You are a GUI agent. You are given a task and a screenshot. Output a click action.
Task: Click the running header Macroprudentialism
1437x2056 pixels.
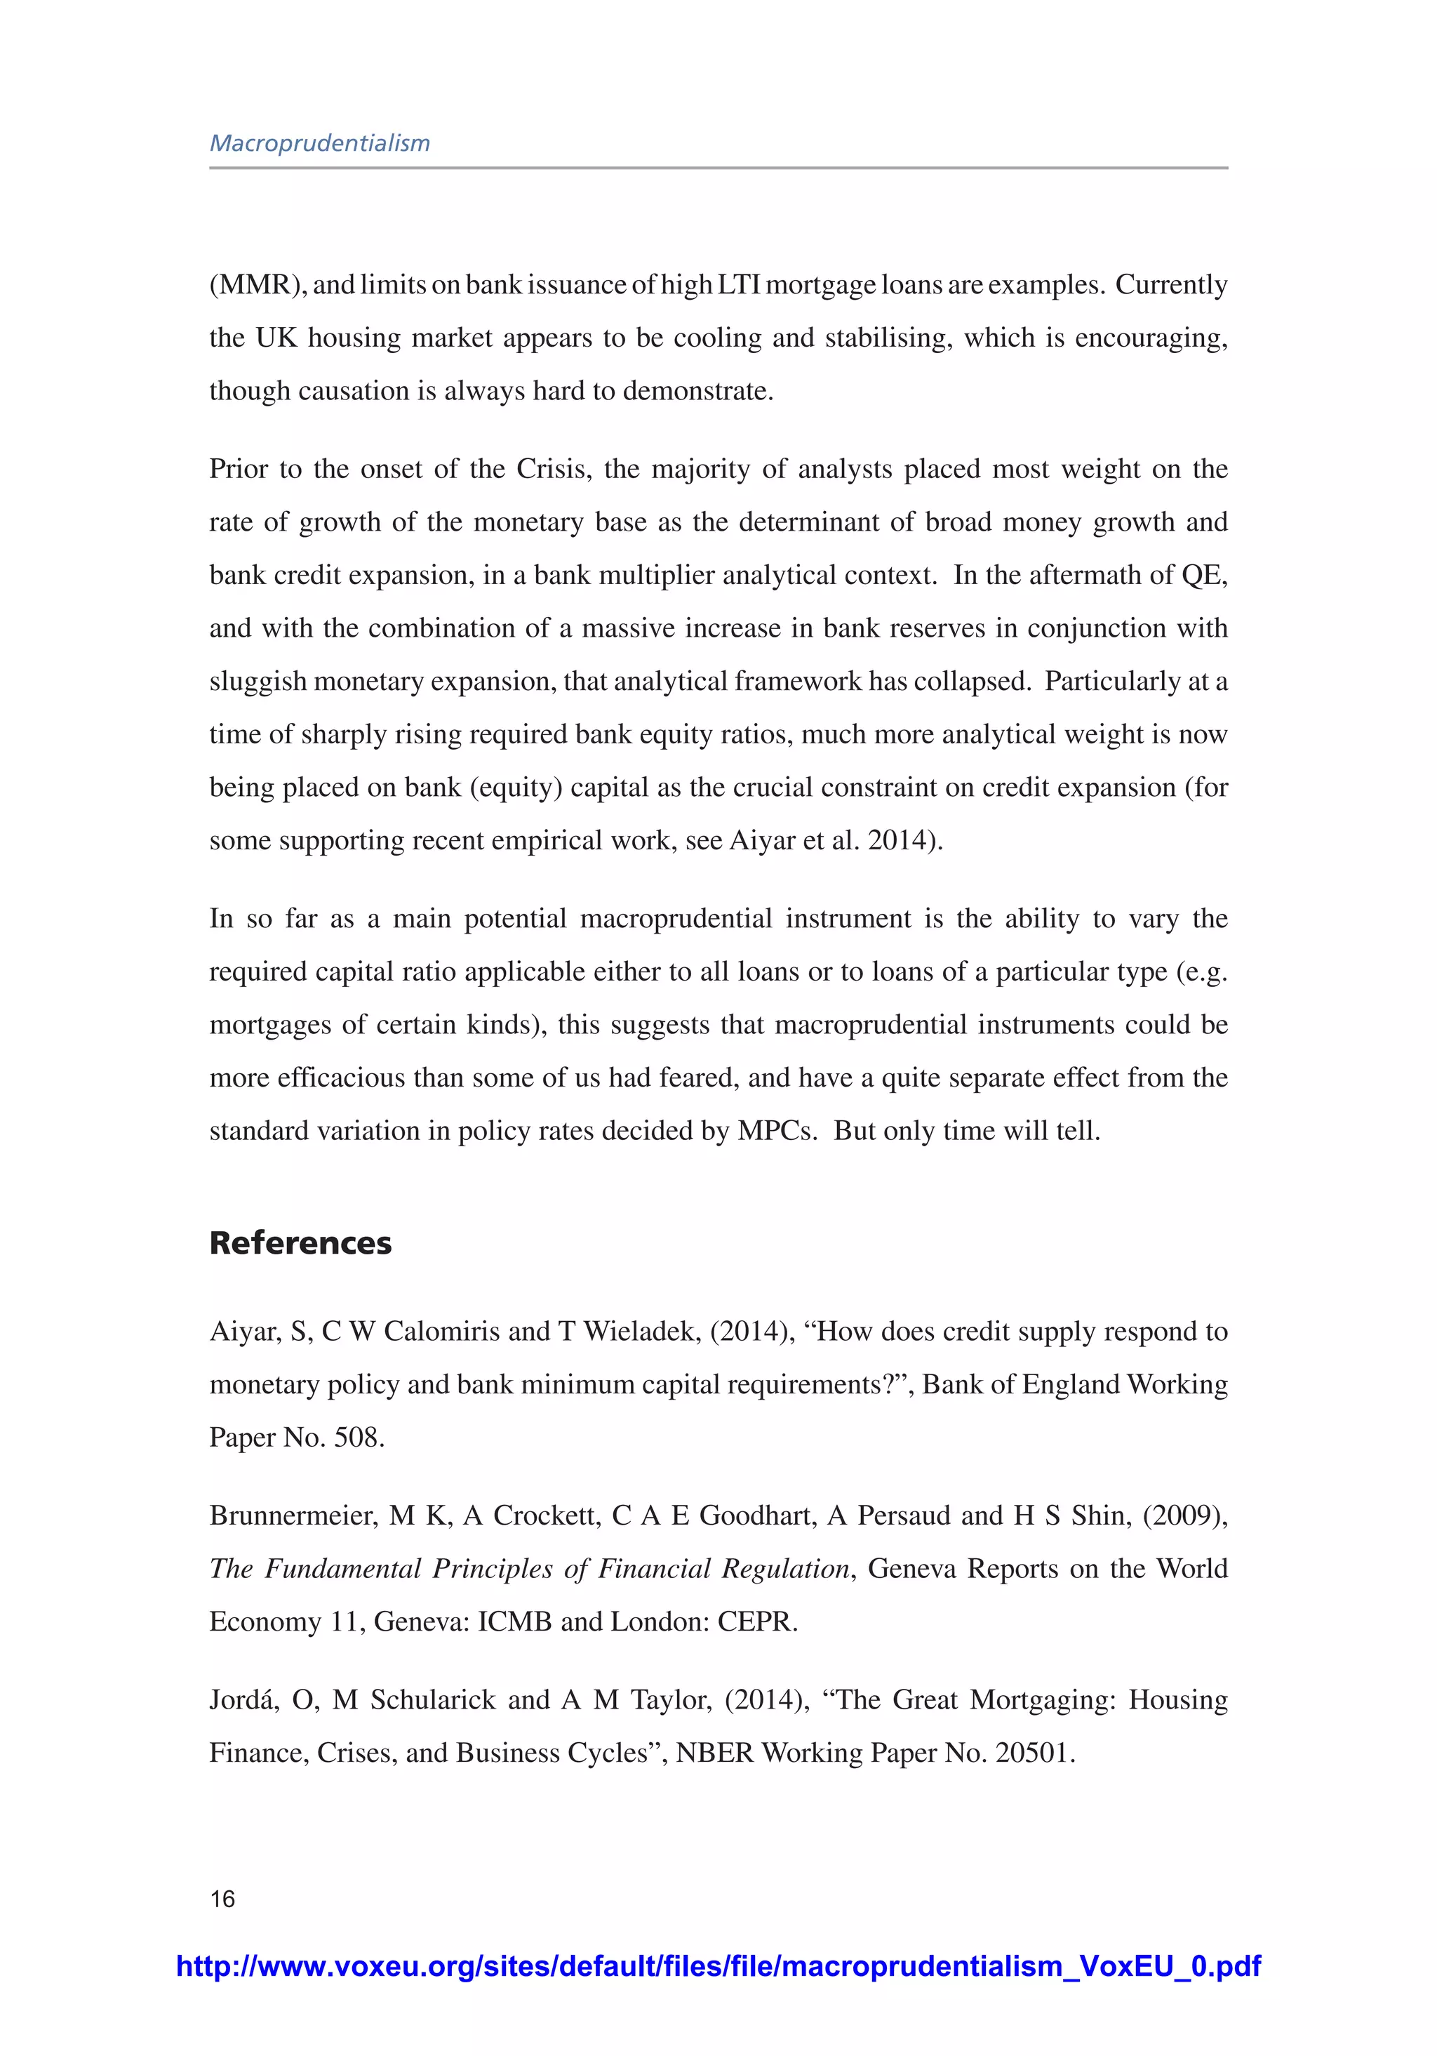coord(320,143)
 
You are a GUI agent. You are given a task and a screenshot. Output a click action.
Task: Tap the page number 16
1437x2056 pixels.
coord(222,1898)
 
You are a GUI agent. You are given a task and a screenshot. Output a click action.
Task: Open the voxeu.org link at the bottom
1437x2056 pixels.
coord(718,1965)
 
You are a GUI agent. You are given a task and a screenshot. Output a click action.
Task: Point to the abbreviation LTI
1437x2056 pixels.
coord(737,285)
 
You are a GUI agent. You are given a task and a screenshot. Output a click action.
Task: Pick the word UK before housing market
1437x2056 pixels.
coord(276,338)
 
